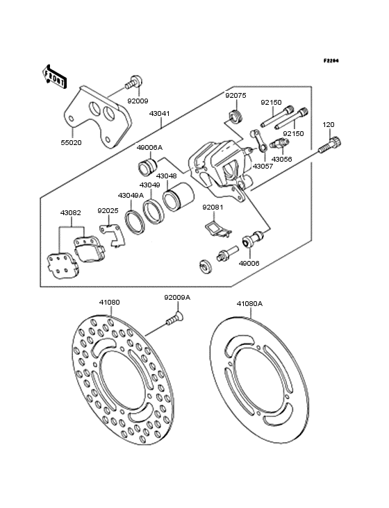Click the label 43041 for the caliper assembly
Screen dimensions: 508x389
160,112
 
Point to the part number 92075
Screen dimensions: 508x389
235,96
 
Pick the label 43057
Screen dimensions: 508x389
263,167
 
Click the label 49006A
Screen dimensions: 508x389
149,148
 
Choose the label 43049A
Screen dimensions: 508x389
130,195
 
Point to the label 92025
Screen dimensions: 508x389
108,210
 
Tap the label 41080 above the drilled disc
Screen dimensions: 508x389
109,303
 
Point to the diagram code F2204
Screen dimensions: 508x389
331,60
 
